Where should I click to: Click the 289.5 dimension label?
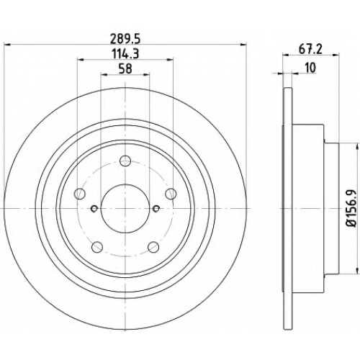[x=125, y=39]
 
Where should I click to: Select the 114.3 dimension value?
[x=125, y=54]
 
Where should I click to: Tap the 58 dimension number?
[x=125, y=68]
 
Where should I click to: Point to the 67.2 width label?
[x=310, y=50]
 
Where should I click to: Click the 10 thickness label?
[x=310, y=68]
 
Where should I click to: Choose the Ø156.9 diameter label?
[x=351, y=208]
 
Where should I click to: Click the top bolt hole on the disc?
[x=125, y=161]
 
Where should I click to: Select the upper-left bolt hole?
[x=80, y=194]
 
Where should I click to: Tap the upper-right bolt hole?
[x=171, y=194]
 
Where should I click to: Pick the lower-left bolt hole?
[x=97, y=246]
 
